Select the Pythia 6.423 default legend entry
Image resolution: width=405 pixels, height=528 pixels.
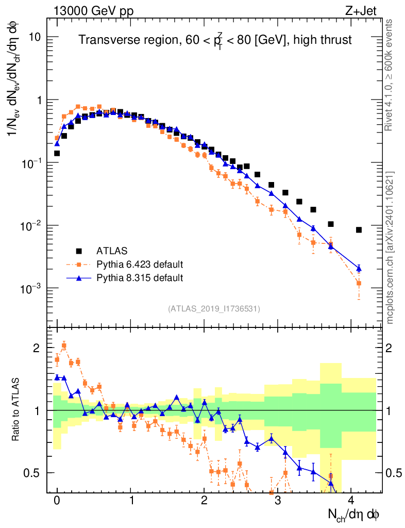click(x=140, y=265)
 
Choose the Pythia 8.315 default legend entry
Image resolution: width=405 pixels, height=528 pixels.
click(x=140, y=278)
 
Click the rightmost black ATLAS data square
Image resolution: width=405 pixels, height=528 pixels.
click(x=359, y=230)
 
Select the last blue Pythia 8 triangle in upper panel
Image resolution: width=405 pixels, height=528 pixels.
click(x=359, y=268)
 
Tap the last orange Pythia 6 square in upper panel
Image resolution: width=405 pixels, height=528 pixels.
click(x=359, y=283)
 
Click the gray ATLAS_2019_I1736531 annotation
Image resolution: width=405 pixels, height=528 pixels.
click(x=214, y=309)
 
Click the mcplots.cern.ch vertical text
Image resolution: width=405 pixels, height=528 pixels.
click(x=390, y=247)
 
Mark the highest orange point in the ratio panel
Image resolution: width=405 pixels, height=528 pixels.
click(x=64, y=346)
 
